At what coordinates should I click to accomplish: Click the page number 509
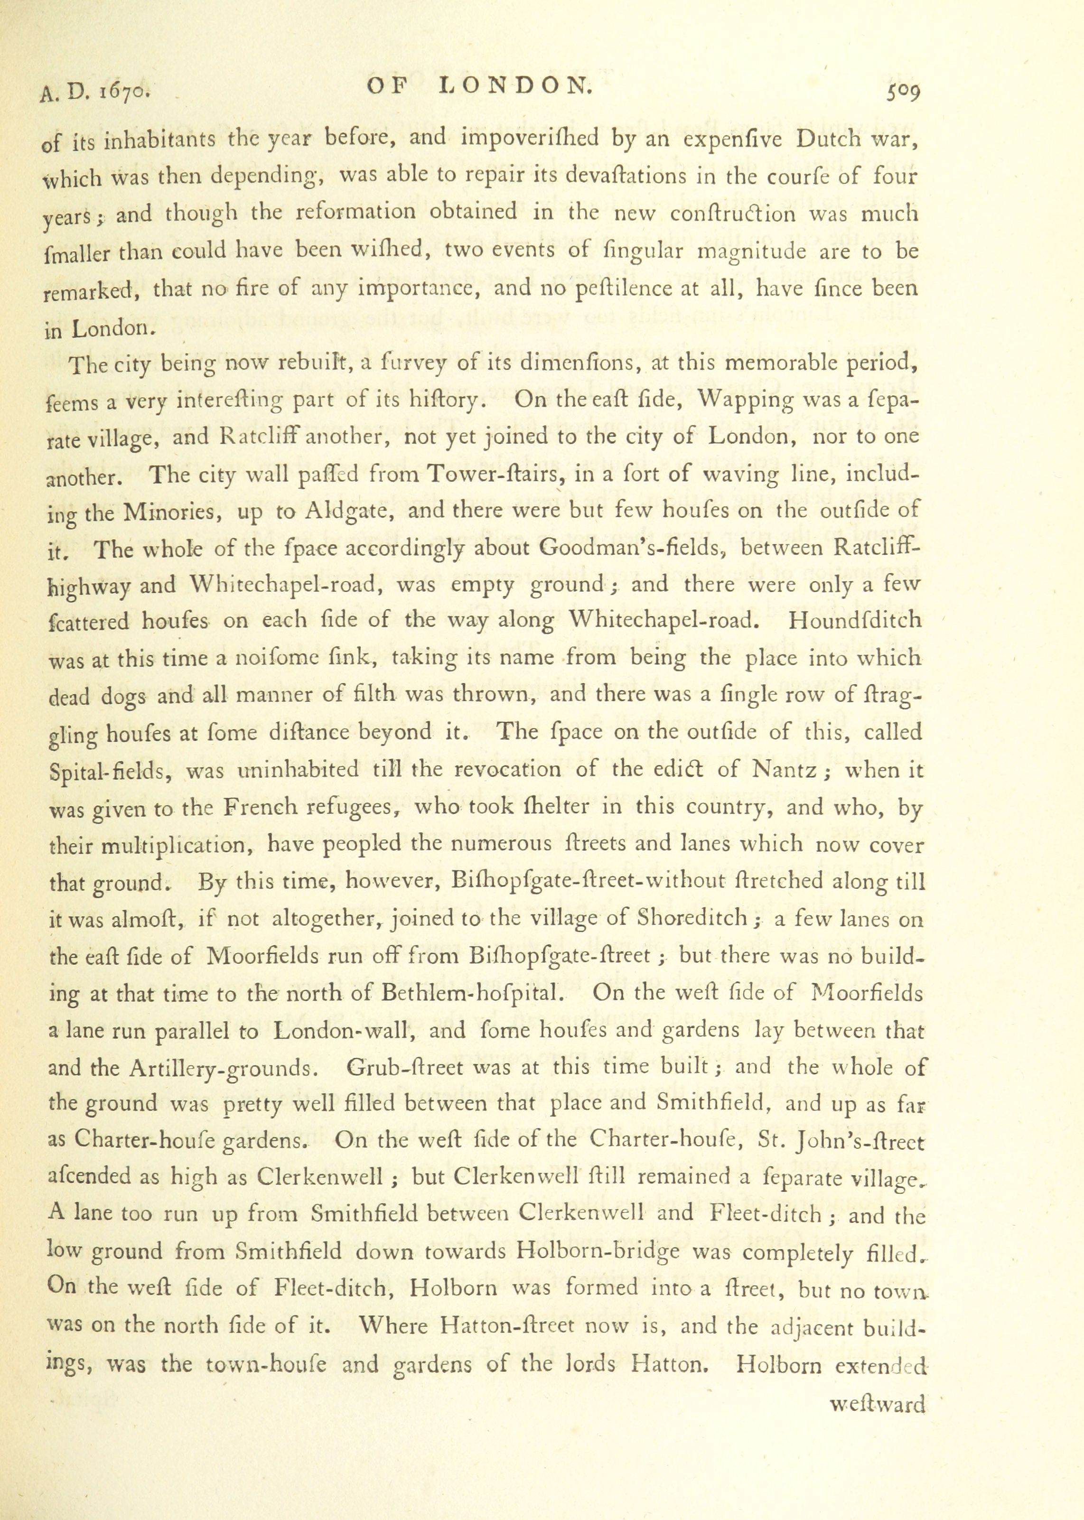[x=903, y=90]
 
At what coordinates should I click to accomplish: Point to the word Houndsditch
[x=855, y=622]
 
